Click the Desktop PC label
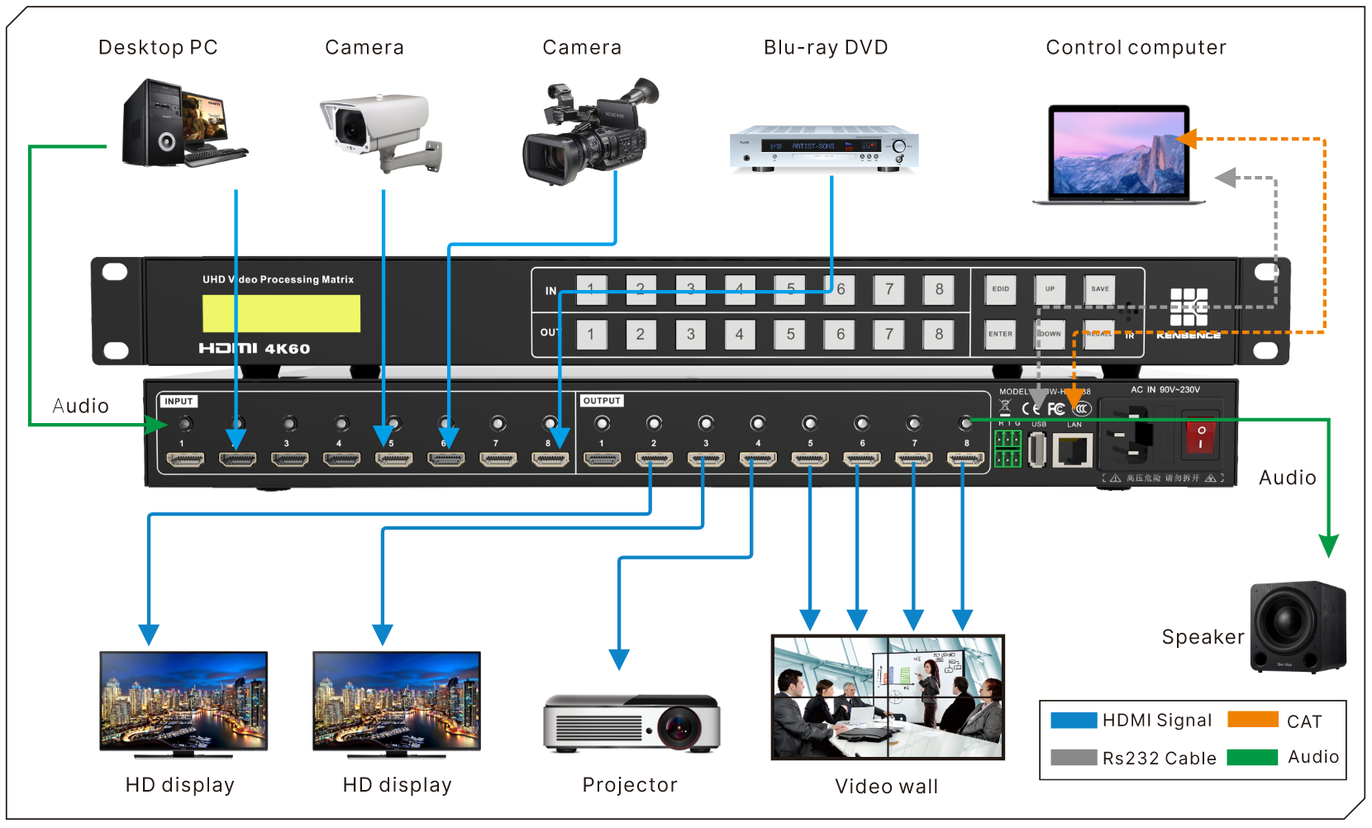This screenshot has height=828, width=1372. click(158, 48)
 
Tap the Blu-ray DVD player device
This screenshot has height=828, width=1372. click(823, 148)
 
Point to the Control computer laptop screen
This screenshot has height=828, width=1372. click(1119, 153)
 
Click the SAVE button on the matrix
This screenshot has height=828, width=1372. click(1099, 289)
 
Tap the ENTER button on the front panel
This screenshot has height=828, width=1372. click(1000, 334)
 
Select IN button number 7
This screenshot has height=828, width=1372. click(889, 289)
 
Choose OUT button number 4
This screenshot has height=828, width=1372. click(740, 335)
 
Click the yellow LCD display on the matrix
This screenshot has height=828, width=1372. click(281, 314)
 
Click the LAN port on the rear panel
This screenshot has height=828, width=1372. click(1073, 450)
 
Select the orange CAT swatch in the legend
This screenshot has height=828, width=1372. click(1253, 720)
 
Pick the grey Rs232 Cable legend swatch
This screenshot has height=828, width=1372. click(1074, 757)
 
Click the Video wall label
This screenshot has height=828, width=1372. click(886, 787)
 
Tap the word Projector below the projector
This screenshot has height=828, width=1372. click(630, 785)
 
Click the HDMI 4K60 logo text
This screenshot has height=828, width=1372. click(255, 349)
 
